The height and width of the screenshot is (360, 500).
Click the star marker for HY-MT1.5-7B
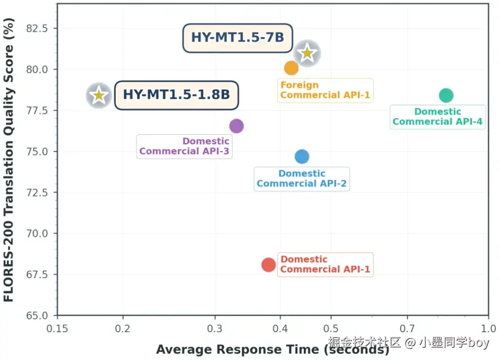pos(307,53)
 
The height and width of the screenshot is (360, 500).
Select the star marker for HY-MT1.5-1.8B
pos(99,95)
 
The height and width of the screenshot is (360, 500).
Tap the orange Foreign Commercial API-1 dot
pos(291,68)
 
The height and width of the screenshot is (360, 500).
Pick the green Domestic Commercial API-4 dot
pos(446,95)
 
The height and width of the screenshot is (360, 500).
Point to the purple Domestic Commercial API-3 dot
pos(237,126)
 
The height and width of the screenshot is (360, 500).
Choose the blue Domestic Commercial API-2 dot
pos(302,157)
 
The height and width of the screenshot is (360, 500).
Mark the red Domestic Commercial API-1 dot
pos(269,265)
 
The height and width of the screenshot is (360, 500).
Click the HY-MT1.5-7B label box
pos(238,38)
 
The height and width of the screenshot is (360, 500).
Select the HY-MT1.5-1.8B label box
pos(176,95)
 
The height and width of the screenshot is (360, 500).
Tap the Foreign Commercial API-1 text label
pos(325,90)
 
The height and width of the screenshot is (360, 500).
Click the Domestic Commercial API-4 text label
pos(437,117)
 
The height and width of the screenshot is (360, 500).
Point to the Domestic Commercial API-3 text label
pos(184,147)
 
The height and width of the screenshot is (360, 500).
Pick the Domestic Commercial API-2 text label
pos(302,179)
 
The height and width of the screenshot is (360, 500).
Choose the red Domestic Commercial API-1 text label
pos(325,264)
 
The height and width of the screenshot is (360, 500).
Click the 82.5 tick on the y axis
pos(37,28)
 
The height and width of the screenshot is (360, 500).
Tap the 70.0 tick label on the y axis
pos(37,233)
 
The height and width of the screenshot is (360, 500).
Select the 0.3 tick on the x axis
pos(215,328)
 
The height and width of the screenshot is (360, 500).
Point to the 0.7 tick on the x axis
pos(407,328)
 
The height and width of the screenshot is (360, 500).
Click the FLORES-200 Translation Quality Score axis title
pos(9,160)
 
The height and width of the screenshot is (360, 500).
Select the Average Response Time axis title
pos(272,349)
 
